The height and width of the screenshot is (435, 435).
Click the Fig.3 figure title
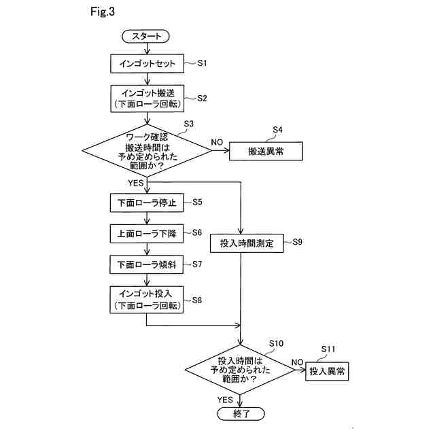(x=103, y=12)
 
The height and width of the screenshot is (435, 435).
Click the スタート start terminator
(x=145, y=36)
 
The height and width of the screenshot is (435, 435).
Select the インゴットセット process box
(x=147, y=63)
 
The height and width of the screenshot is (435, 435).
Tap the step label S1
(x=202, y=63)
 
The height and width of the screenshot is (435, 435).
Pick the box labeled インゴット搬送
(x=147, y=99)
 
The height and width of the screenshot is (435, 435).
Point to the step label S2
(x=202, y=98)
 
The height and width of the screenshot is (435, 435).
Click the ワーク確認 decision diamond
(x=147, y=151)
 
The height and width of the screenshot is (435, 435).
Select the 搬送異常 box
(x=266, y=151)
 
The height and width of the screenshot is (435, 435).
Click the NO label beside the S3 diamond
(x=217, y=142)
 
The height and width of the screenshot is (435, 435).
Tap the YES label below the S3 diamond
(x=136, y=183)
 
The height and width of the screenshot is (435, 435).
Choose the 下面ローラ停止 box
(x=147, y=203)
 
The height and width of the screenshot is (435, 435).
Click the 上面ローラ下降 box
(x=147, y=234)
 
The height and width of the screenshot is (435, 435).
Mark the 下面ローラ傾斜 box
(x=147, y=264)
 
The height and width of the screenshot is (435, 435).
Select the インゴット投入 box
(x=147, y=300)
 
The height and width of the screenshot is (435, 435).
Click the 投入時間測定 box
(x=247, y=243)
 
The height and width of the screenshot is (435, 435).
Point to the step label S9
(x=297, y=242)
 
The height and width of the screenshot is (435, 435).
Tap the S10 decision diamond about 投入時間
(x=240, y=370)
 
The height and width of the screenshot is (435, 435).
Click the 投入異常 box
(x=327, y=371)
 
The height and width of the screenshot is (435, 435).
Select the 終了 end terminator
(x=241, y=414)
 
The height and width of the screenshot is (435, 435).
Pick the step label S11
(x=328, y=349)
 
